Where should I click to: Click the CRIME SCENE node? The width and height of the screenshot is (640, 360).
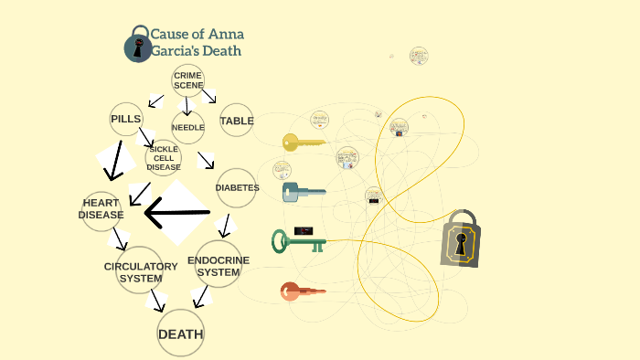tap(187, 80)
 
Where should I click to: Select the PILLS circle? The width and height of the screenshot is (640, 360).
tap(126, 120)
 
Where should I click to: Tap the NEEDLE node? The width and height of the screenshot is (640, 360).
tap(188, 128)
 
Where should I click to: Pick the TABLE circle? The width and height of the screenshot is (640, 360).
tap(237, 121)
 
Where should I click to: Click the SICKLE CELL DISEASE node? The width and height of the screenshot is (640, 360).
tap(164, 158)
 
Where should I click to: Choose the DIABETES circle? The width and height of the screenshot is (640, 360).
tap(237, 188)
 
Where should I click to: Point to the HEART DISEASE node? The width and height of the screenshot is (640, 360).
tap(101, 209)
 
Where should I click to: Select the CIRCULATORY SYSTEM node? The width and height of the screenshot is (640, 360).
tap(140, 271)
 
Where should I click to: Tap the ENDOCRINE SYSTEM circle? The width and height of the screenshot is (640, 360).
tap(219, 266)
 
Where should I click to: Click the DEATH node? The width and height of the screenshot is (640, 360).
tap(180, 334)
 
